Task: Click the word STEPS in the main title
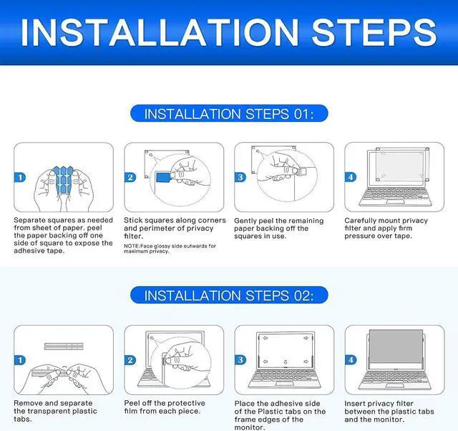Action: click(374, 32)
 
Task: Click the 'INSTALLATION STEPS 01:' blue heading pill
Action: click(229, 113)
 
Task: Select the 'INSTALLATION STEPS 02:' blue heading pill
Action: click(229, 295)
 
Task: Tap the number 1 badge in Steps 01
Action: click(20, 177)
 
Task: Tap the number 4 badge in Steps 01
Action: click(351, 177)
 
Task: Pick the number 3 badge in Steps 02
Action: click(240, 360)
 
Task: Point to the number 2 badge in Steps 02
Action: click(130, 360)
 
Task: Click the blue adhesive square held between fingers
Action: click(163, 177)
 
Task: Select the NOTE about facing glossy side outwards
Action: click(170, 249)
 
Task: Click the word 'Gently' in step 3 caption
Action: click(245, 221)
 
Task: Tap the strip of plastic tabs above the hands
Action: click(64, 346)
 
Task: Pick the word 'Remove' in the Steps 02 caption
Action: click(28, 403)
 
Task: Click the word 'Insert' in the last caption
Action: click(354, 404)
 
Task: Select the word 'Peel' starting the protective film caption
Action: click(132, 403)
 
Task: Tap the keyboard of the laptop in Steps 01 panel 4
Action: click(395, 196)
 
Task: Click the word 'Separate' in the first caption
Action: click(29, 220)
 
